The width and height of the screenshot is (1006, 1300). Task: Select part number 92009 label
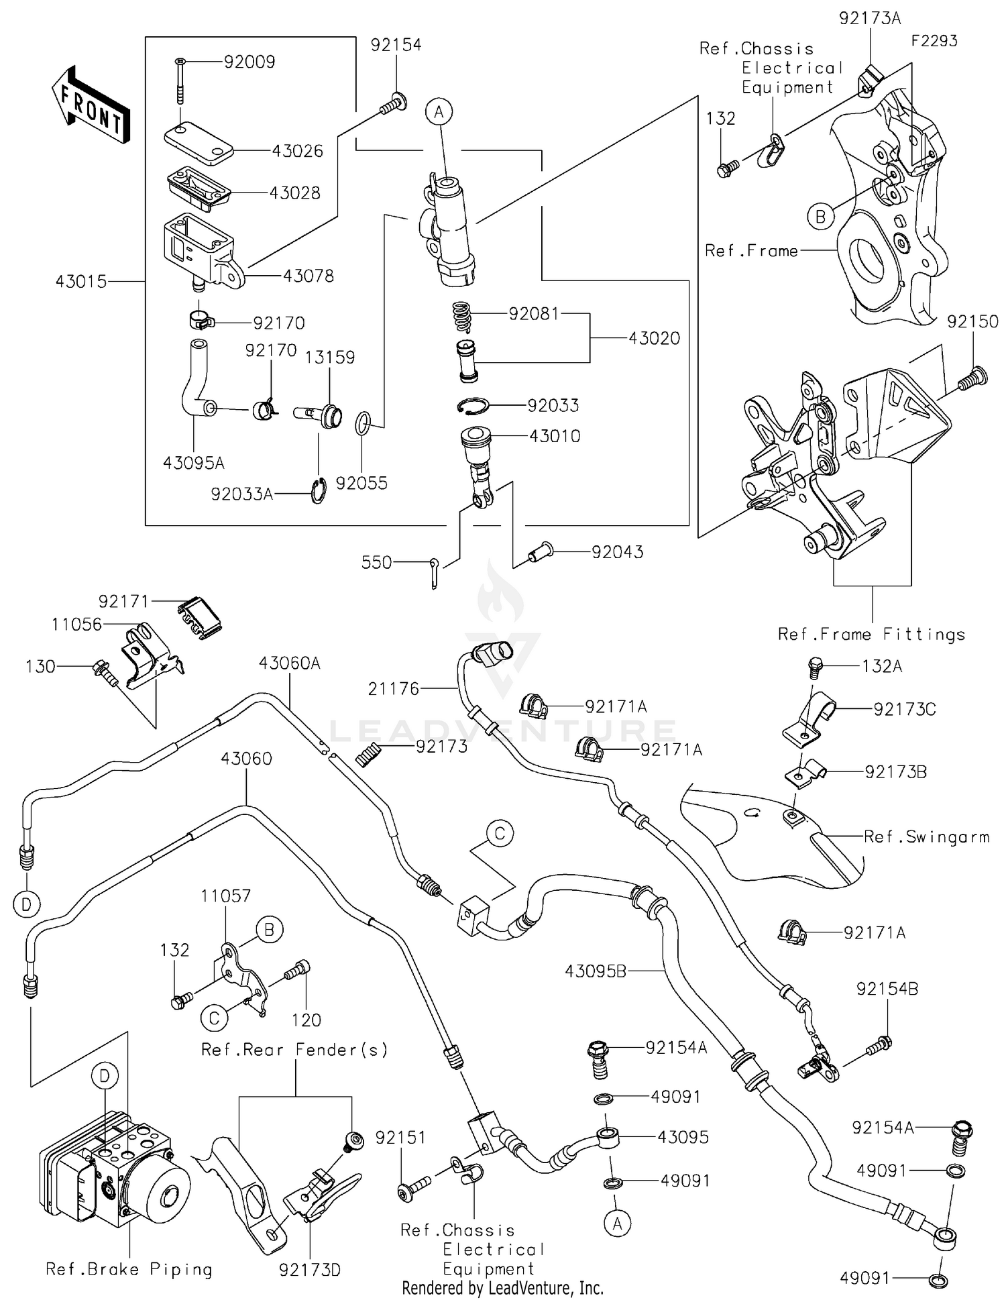click(249, 62)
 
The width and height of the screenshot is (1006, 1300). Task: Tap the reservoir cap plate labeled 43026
click(199, 142)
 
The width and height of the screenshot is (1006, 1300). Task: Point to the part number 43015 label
click(81, 281)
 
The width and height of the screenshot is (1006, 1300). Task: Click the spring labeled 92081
click(460, 317)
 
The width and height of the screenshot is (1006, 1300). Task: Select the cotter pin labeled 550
click(435, 572)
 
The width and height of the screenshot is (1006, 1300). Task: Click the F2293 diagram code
click(934, 41)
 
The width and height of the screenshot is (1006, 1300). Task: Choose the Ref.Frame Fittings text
click(871, 635)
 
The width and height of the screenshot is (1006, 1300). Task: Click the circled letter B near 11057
click(270, 930)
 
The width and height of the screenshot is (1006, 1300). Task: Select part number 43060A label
click(290, 663)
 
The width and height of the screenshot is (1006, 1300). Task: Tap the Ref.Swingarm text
click(926, 836)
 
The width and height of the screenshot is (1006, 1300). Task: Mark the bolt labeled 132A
click(814, 667)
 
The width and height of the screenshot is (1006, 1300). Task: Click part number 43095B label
click(595, 971)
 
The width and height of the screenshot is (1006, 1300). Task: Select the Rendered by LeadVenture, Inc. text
click(502, 1288)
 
